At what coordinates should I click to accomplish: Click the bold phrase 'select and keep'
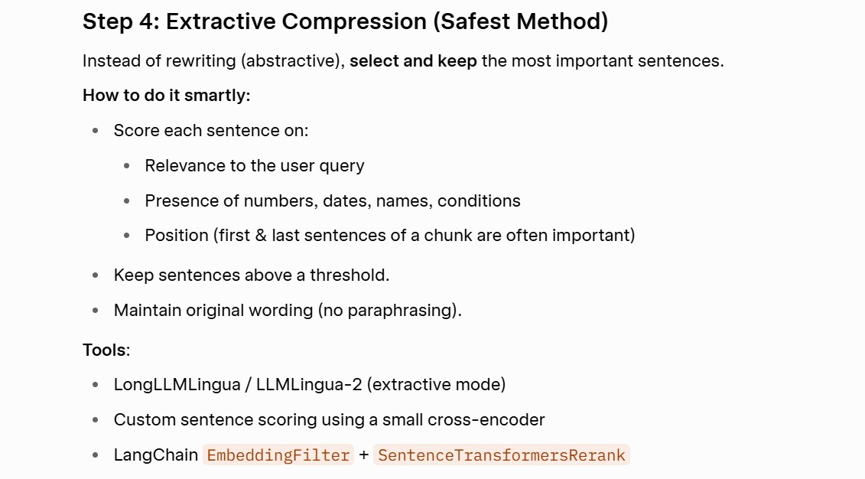tap(413, 60)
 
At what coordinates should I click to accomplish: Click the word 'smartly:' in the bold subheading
tap(217, 96)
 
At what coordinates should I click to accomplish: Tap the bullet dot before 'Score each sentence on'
tap(96, 131)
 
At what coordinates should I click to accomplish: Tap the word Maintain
tap(148, 310)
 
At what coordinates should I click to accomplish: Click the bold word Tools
tap(105, 350)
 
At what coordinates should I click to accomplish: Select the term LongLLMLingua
tap(177, 385)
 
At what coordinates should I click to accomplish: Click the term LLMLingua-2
tap(309, 385)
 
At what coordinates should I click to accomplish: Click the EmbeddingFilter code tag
tap(278, 455)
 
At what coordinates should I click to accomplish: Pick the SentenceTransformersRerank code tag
tap(502, 455)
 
